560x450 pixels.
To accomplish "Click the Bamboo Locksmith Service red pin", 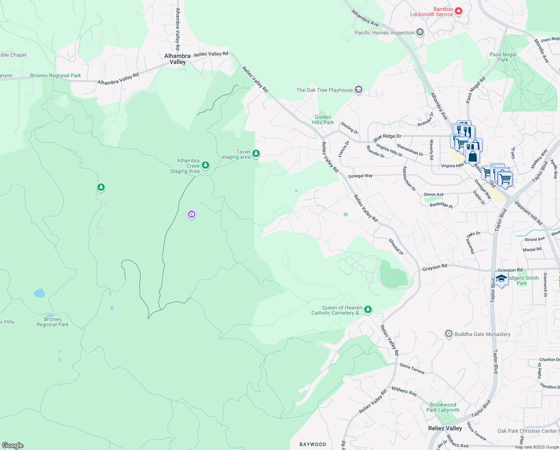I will tap(458, 11).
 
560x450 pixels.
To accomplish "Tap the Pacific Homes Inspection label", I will tap(384, 33).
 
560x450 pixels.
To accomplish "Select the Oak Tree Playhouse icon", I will tap(359, 90).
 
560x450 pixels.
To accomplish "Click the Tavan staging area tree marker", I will tap(256, 153).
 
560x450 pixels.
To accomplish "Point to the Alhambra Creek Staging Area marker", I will tap(205, 165).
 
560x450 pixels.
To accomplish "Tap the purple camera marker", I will tap(192, 214).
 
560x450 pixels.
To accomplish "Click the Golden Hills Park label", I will tap(323, 120).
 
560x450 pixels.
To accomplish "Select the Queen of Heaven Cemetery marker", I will tap(368, 309).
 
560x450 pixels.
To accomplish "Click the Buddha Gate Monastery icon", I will tap(448, 334).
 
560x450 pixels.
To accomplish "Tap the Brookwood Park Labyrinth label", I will tap(443, 407).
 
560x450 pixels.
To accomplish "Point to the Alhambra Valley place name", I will tap(177, 59).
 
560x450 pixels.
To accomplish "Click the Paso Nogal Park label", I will tap(503, 57).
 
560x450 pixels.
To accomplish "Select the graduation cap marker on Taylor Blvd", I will tap(501, 279).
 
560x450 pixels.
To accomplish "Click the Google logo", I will tap(13, 445).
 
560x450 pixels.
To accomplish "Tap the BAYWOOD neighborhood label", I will tap(313, 444).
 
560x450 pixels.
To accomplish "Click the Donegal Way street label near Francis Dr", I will tap(360, 176).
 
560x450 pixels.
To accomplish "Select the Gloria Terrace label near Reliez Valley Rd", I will tap(412, 369).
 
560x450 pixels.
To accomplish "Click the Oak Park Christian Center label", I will tap(527, 431).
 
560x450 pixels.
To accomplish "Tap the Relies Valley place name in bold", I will tap(445, 428).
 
